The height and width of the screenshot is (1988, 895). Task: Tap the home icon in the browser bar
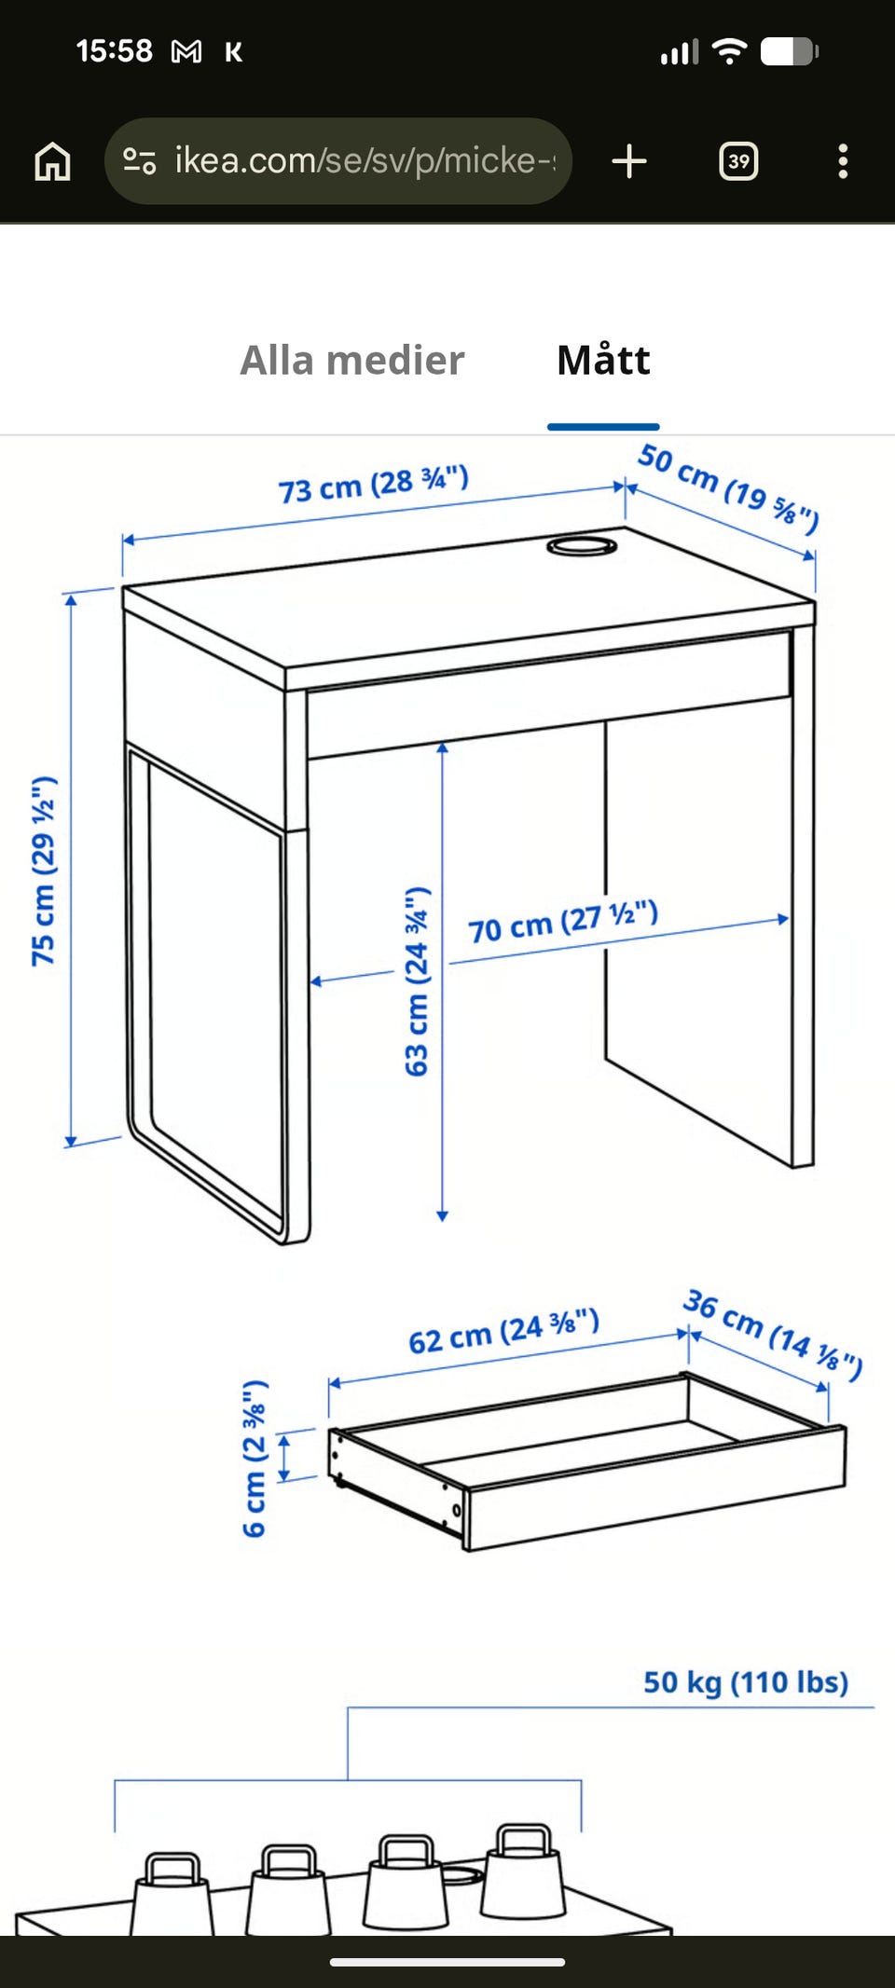pos(52,161)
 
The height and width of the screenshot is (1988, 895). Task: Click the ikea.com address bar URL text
pos(365,160)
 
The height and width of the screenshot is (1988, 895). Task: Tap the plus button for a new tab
pos(629,161)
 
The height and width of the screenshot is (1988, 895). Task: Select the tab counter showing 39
pos(738,161)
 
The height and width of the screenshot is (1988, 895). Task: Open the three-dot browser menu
pos(843,161)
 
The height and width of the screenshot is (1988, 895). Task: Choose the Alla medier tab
pos(352,361)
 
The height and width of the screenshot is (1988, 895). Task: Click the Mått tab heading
pos(603,360)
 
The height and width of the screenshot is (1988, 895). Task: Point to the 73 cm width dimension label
pos(374,484)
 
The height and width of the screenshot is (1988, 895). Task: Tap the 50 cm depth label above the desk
pos(728,488)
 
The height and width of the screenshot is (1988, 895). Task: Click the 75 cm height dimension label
pos(44,871)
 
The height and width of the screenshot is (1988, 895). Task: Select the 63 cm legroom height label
pos(417,981)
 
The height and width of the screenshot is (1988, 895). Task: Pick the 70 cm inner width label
pos(563,922)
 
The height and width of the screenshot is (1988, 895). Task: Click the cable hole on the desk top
pos(581,546)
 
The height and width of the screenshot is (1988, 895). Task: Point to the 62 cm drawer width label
pos(503,1331)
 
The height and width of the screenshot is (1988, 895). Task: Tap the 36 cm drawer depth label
pos(773,1334)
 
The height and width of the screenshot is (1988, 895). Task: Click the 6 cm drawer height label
pos(255,1459)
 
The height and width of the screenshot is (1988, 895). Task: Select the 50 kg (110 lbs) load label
pos(746,1682)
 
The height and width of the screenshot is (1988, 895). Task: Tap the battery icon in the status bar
pos(789,52)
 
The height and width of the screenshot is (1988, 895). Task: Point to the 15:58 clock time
pos(114,51)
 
